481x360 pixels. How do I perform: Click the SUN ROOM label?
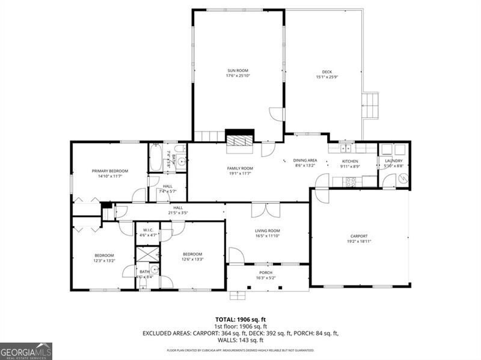coord(237,70)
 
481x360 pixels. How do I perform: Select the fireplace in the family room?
coord(239,140)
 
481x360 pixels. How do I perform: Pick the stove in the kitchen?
coord(351,180)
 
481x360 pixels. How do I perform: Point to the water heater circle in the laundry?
coord(403,178)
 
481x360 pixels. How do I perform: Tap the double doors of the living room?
coord(265,210)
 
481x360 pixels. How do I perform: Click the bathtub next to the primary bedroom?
coord(155,157)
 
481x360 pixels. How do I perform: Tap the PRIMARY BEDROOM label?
coord(110,171)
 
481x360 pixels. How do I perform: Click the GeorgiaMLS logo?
coord(26,351)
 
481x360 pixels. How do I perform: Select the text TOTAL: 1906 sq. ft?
coord(240,319)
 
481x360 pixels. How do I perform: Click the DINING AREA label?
coord(305,160)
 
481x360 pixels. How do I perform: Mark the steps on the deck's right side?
coord(371,106)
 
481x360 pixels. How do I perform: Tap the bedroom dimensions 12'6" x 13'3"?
coord(192,260)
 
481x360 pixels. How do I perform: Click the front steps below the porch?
coord(239,295)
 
